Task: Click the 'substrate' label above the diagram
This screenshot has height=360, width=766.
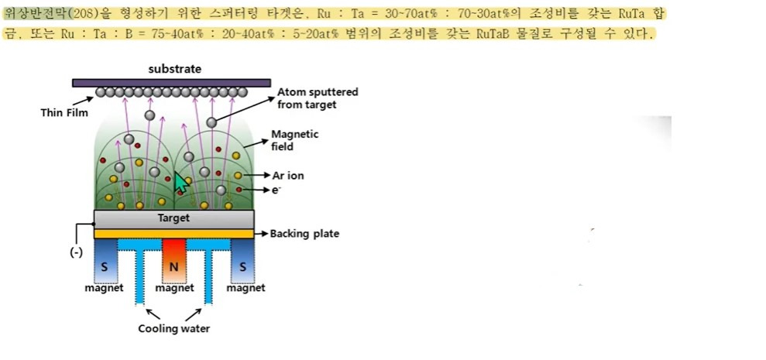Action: click(x=174, y=69)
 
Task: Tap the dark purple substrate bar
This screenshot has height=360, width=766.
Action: click(x=171, y=82)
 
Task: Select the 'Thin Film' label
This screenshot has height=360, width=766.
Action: click(x=64, y=112)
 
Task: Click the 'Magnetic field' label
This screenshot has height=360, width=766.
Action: click(x=294, y=139)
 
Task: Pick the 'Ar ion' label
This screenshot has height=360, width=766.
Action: click(x=288, y=176)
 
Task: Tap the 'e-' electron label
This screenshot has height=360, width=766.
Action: click(x=277, y=189)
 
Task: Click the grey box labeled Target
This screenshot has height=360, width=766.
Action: click(x=173, y=218)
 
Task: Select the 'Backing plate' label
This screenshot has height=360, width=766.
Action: click(x=304, y=233)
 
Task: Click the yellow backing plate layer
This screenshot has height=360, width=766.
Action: click(x=173, y=233)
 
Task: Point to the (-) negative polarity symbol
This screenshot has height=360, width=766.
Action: click(x=76, y=253)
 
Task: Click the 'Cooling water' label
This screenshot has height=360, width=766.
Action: click(x=173, y=328)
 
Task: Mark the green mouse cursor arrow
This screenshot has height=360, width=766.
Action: click(x=180, y=183)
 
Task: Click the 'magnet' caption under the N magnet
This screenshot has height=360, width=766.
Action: click(x=174, y=288)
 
